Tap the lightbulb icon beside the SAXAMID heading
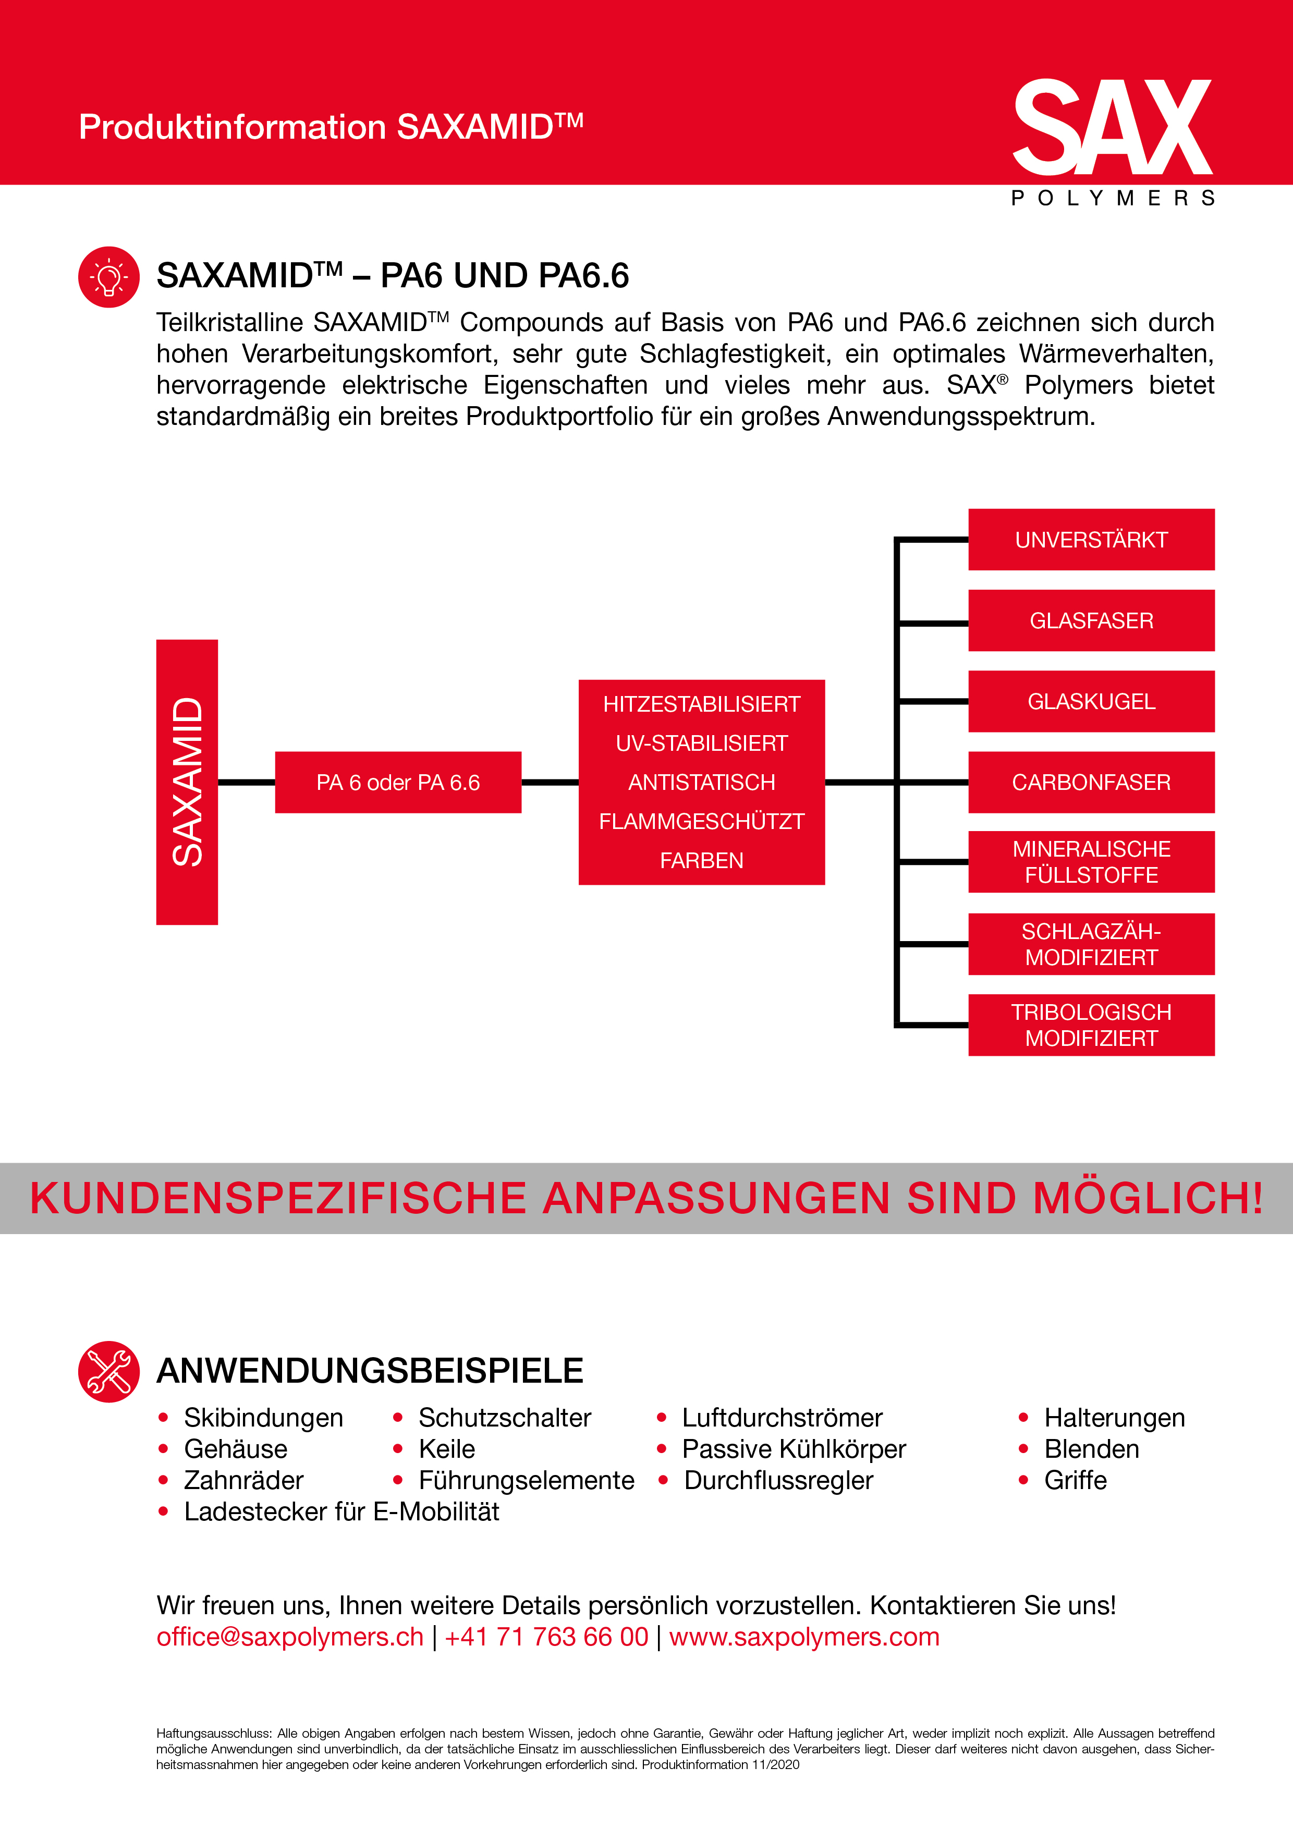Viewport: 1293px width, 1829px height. point(109,277)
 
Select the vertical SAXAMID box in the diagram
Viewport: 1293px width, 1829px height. point(187,782)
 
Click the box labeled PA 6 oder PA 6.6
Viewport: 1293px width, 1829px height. point(398,782)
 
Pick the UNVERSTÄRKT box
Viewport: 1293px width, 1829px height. point(1091,539)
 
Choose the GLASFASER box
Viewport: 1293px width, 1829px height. point(1091,620)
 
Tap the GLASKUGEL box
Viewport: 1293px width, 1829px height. point(1091,701)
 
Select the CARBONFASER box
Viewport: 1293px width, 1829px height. point(1091,782)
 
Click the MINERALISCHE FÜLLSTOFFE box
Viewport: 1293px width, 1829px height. point(1091,862)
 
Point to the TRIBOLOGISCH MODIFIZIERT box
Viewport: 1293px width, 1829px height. point(1091,1025)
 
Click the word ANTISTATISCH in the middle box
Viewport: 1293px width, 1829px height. point(702,782)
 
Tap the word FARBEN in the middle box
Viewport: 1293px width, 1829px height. point(702,860)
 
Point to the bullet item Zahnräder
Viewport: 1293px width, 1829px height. point(244,1480)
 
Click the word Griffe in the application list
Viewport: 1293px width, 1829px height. point(1076,1480)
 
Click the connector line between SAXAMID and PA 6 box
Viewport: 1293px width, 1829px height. point(246,782)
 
